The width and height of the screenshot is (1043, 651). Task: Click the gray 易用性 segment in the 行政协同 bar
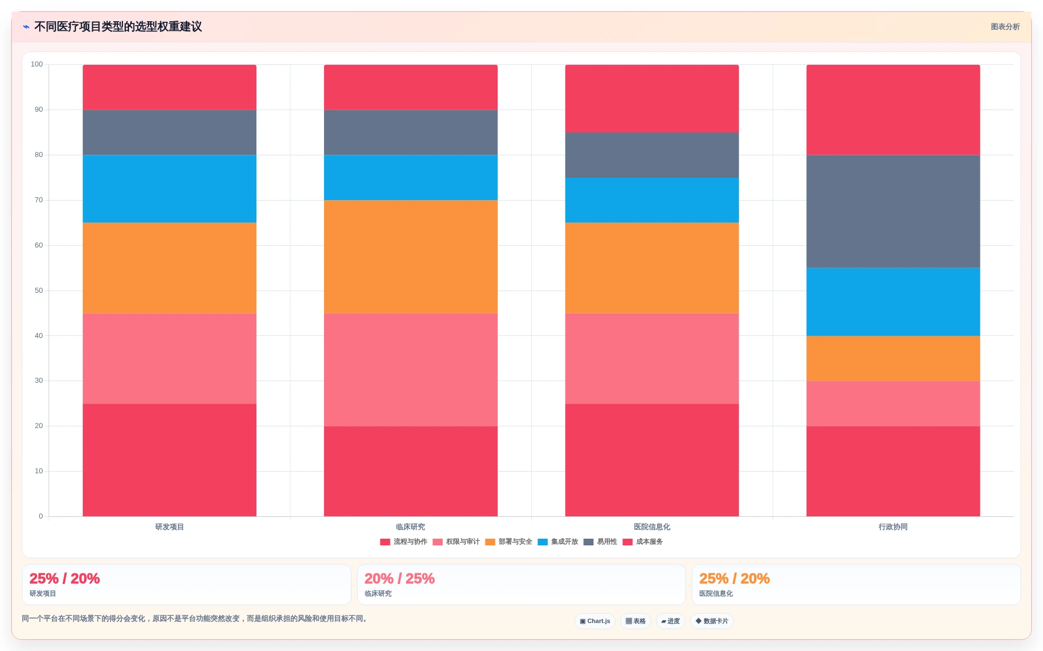coord(893,211)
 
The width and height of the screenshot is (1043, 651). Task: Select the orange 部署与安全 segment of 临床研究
coord(411,256)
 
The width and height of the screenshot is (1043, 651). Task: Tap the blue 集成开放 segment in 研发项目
coord(169,189)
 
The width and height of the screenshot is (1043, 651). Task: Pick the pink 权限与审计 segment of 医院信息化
coord(652,358)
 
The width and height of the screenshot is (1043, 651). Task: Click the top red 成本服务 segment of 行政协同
coord(893,110)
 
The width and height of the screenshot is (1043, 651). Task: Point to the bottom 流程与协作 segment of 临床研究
coord(411,471)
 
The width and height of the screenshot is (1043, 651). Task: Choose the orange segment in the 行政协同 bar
coord(893,358)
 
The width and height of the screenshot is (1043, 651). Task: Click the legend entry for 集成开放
coord(558,541)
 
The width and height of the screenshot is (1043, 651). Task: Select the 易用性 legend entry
coord(600,541)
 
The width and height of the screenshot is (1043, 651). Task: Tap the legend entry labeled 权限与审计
coord(456,541)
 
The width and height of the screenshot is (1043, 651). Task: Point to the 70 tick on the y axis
coord(39,200)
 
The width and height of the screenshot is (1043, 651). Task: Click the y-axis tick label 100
coord(37,64)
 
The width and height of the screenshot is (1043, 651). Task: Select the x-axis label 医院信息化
coord(652,527)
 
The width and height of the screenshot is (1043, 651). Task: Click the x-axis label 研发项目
coord(169,527)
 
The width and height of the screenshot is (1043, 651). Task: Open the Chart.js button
coord(595,621)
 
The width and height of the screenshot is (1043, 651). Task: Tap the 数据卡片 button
coord(712,621)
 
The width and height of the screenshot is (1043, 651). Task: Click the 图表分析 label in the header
coord(1005,27)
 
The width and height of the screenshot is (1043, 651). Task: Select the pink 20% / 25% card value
coord(399,578)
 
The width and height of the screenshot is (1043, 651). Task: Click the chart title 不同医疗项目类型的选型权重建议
coord(118,27)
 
